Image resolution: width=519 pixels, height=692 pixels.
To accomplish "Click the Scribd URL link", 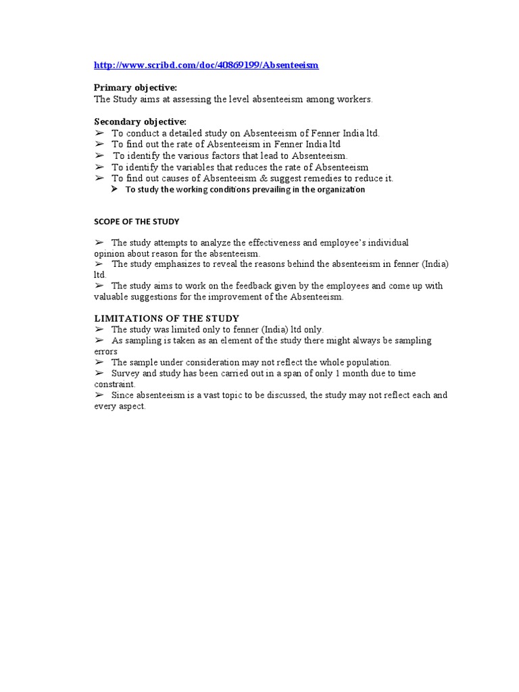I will click(x=206, y=65).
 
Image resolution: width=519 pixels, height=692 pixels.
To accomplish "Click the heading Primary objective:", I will click(x=135, y=88).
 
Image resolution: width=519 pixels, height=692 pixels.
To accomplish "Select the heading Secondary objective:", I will click(x=140, y=122).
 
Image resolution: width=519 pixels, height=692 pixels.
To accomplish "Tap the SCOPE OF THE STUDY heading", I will click(x=137, y=222).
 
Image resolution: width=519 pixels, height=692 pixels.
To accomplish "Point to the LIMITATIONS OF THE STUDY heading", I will click(x=166, y=318).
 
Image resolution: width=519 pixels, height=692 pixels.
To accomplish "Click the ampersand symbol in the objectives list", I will click(x=264, y=178).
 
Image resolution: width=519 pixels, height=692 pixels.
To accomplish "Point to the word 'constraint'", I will click(x=114, y=384).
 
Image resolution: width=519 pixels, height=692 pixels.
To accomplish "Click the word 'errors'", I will click(x=105, y=351).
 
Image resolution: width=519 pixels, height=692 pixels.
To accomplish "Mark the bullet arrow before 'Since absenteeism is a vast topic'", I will click(x=99, y=395).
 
